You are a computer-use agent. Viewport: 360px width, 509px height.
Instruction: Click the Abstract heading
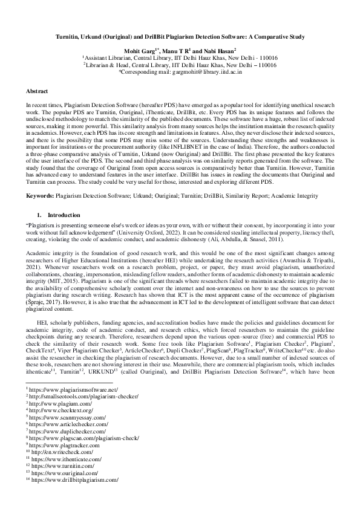[x=37, y=91]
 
